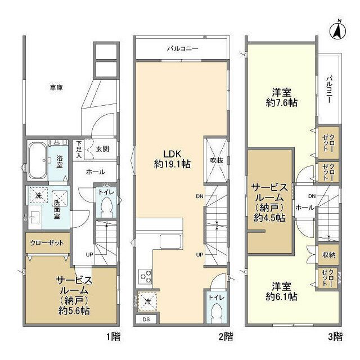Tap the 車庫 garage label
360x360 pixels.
pos(56,88)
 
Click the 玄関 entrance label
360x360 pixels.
pos(102,148)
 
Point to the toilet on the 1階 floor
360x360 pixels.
pos(105,208)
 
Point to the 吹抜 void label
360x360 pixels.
pos(217,160)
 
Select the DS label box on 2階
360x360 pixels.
pos(146,319)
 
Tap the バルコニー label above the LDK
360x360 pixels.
pos(182,49)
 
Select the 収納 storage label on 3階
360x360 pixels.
pos(328,255)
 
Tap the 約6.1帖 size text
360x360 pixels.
pos(281,296)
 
